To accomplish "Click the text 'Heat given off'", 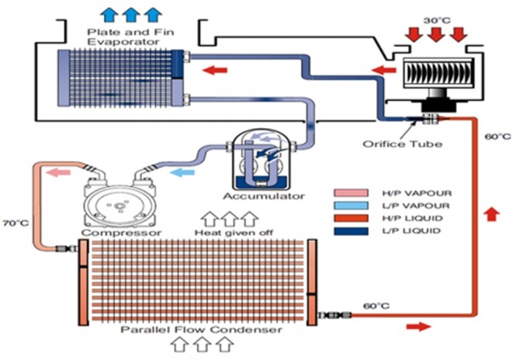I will pos(231,232).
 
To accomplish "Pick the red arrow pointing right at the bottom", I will pos(418,327).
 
